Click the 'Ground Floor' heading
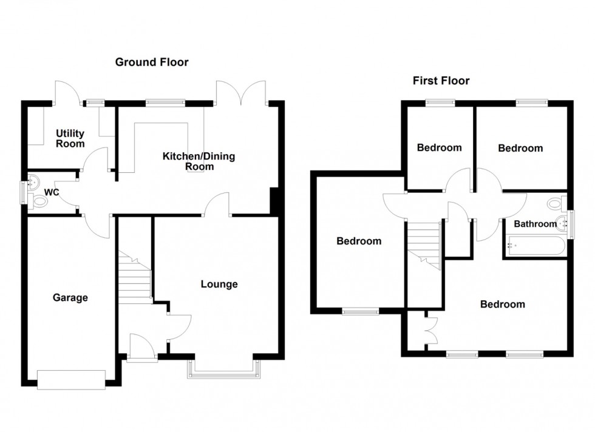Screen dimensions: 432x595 (x=152, y=62)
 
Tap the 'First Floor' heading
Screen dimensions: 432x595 (x=441, y=81)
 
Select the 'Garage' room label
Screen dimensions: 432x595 (x=70, y=297)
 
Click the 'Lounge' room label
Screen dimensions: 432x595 (x=219, y=284)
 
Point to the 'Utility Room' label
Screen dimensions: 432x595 (x=70, y=138)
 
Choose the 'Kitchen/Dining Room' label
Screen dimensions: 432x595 (x=199, y=161)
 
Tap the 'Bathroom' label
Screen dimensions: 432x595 (x=535, y=224)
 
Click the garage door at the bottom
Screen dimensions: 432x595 (x=71, y=379)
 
